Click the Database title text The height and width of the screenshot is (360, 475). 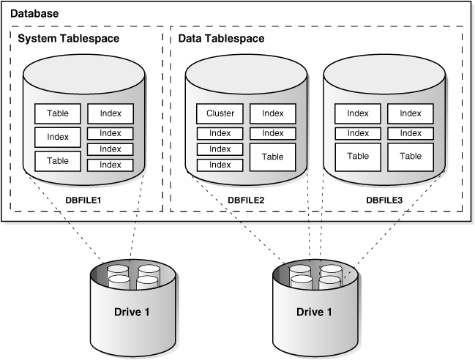pos(35,14)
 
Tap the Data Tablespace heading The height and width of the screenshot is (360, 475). pos(222,38)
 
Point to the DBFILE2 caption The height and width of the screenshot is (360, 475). pos(246,198)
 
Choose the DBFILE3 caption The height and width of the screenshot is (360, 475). pos(384,198)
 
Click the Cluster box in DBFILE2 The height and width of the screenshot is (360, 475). pos(220,113)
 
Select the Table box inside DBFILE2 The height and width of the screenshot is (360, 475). pos(272,157)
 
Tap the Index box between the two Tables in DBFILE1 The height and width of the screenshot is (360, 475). pos(57,137)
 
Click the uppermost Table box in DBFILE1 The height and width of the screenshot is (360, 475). pos(57,113)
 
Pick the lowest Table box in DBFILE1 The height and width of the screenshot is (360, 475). pos(57,160)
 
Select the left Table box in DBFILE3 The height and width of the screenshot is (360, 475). pos(358,156)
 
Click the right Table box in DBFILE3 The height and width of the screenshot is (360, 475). pos(411,156)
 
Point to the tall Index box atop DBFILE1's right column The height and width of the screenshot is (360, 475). pos(111,113)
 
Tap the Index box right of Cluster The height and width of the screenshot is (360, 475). pos(272,113)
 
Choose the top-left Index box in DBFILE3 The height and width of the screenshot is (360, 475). pos(358,113)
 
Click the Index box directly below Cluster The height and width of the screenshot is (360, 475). pos(220,133)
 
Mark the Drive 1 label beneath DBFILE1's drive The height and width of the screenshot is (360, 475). pos(132,312)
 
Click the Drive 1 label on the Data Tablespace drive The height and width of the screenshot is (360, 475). pos(314,312)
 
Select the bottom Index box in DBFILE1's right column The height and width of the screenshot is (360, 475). pos(111,165)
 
